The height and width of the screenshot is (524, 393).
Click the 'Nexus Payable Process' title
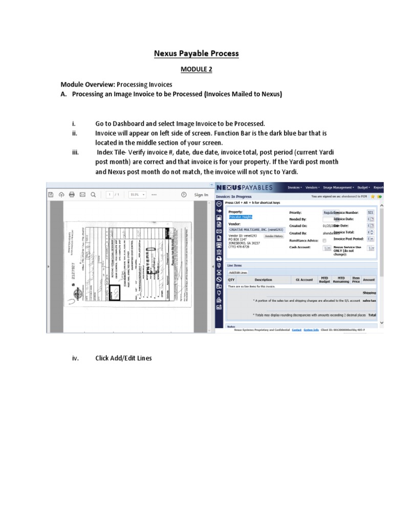[196, 53]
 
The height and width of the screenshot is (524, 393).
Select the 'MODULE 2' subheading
[196, 69]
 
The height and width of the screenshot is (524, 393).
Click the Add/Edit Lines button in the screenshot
[237, 272]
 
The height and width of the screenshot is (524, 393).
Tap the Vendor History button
[274, 236]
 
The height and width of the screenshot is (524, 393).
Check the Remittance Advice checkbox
[324, 241]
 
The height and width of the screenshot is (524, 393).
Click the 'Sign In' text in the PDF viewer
[201, 194]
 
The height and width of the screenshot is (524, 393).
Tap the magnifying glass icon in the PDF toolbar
[93, 194]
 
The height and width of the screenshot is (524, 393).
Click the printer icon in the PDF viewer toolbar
[72, 194]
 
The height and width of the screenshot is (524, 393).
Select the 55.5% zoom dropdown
[138, 194]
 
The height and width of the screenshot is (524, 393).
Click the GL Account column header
[304, 280]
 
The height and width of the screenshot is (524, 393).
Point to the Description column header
[263, 280]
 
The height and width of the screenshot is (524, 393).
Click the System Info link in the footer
[311, 330]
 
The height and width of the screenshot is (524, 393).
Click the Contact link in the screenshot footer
[296, 330]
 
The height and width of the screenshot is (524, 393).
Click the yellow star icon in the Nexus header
[374, 196]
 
